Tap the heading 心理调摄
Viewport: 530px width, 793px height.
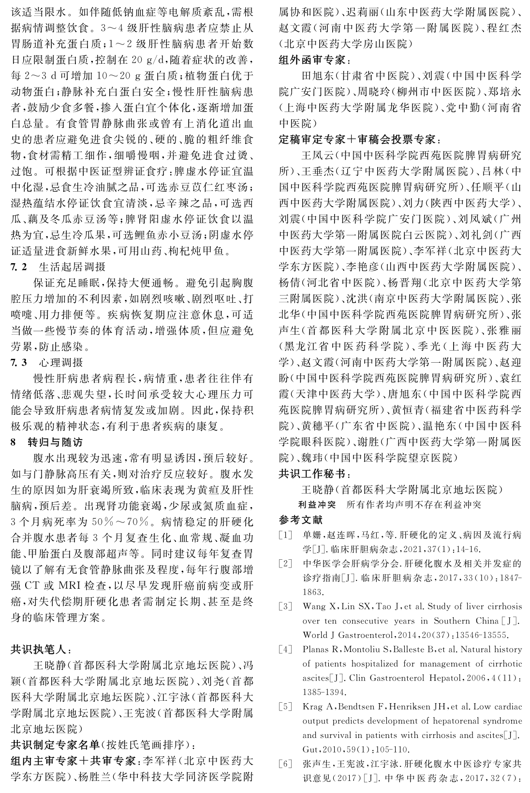click(60, 362)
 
